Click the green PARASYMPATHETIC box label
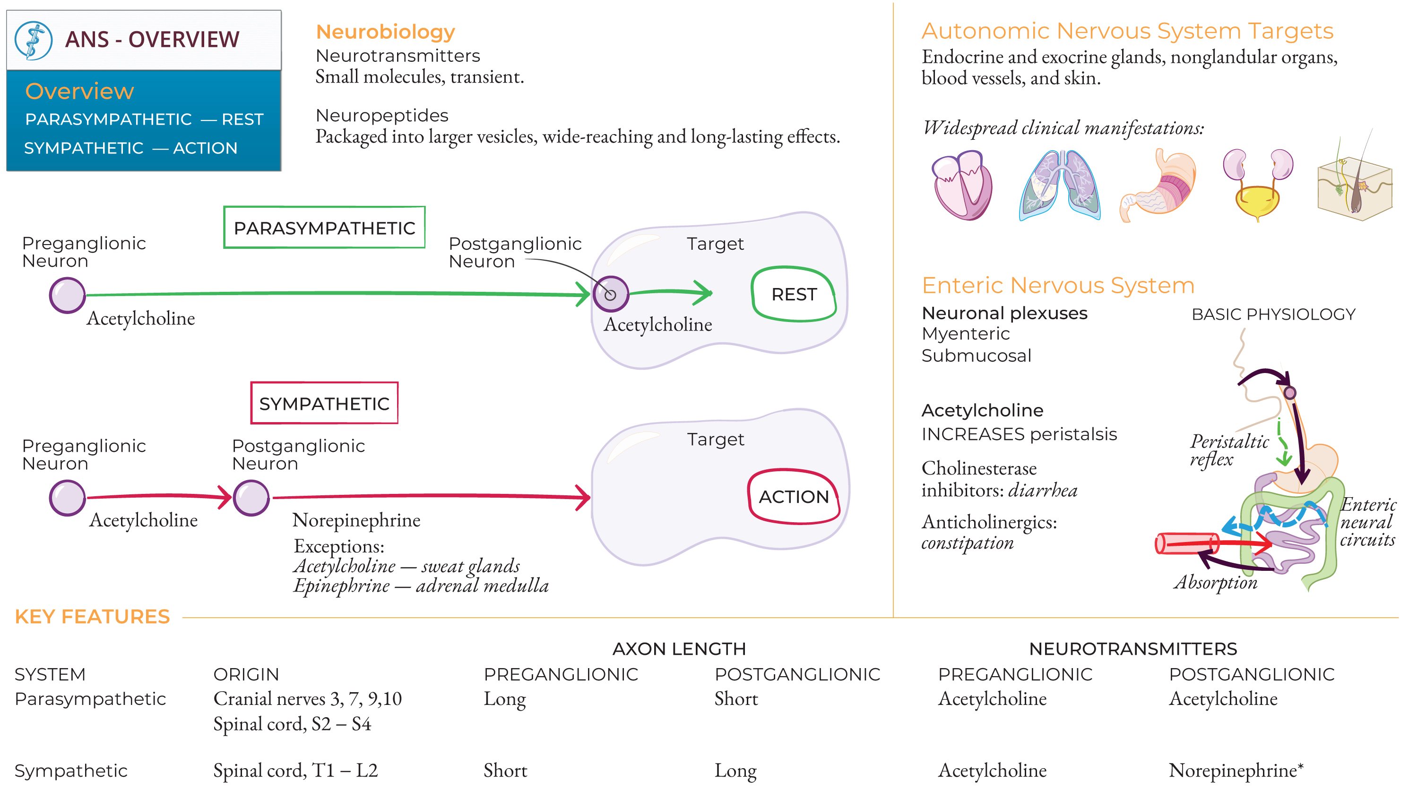(324, 228)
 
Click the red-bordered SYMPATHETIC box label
(324, 403)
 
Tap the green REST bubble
(794, 294)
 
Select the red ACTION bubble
(794, 496)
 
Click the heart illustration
(962, 186)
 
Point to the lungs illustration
(1060, 186)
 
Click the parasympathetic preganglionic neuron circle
(67, 296)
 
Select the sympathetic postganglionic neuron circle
(251, 498)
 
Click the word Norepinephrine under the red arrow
(356, 520)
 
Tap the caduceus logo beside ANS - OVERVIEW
(33, 40)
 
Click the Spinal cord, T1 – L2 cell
(295, 771)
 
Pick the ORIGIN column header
(246, 674)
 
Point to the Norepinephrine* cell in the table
(1236, 770)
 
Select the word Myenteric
(966, 334)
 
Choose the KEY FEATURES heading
(93, 617)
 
